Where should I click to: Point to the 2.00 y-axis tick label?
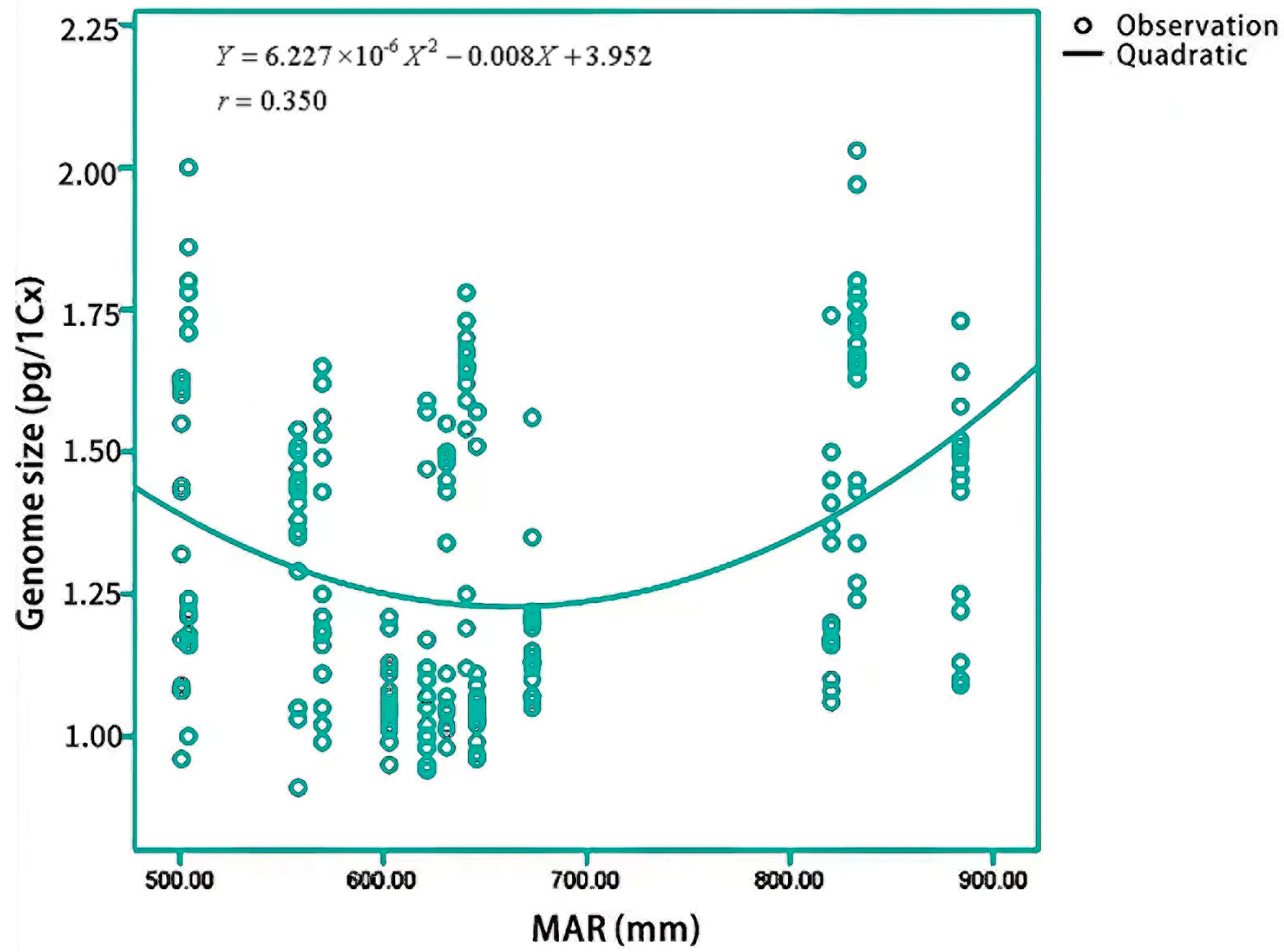[x=88, y=174]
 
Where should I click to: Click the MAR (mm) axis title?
[x=615, y=929]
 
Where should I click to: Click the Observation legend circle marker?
[x=1083, y=26]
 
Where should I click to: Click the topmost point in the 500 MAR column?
[x=189, y=168]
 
